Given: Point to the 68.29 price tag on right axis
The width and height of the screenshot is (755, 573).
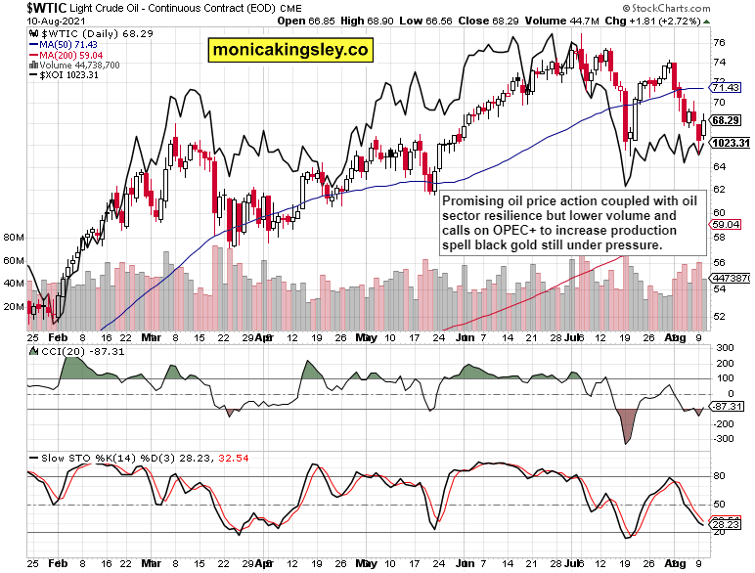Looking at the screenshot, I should click(x=725, y=120).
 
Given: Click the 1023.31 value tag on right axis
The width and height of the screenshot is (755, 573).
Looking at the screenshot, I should click(x=731, y=143).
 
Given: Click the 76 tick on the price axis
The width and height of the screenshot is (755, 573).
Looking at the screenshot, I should click(x=719, y=42).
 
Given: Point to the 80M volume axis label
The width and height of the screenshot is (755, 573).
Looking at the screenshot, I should click(x=14, y=238).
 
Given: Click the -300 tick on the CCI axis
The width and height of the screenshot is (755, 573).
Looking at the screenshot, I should click(x=723, y=439).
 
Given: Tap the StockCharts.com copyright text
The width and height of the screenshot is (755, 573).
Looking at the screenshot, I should click(x=701, y=8).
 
